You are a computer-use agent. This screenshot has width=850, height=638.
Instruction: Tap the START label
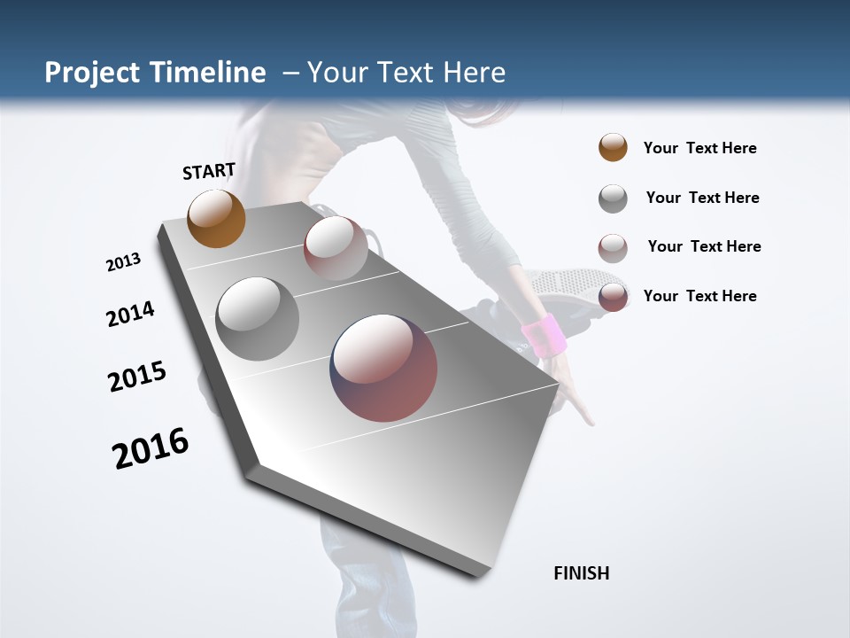coord(209,170)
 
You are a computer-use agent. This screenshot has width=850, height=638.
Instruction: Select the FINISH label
coord(582,573)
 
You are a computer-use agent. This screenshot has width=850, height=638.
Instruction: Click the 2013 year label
coord(123,262)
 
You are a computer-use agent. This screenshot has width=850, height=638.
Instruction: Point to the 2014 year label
coord(130,314)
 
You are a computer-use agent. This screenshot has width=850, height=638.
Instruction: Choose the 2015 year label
coord(137,377)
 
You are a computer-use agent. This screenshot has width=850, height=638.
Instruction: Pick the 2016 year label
coord(151,448)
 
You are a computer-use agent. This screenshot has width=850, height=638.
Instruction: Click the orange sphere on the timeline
coord(217,218)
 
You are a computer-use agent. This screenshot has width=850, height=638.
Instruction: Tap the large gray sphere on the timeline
coord(258,318)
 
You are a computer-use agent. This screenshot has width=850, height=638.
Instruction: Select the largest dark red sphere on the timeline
coord(383,368)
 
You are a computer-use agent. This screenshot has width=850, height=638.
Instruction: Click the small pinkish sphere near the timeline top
coord(336,247)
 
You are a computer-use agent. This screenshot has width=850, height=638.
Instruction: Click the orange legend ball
coord(613,147)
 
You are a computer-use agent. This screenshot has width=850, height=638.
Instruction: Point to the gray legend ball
coord(613,198)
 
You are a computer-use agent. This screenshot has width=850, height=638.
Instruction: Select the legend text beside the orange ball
coord(699,148)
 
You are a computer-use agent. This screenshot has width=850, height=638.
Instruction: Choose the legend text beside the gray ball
coord(702,198)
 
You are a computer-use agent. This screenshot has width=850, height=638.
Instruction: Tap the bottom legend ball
coord(613,297)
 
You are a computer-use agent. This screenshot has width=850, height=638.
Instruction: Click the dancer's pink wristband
coord(544,335)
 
